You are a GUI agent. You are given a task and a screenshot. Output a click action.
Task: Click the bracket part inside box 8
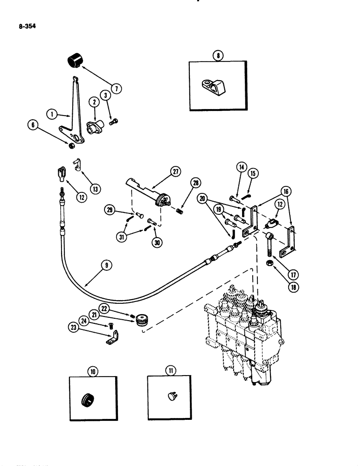tap(219, 85)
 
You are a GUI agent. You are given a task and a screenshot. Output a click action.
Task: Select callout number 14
tap(241, 166)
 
